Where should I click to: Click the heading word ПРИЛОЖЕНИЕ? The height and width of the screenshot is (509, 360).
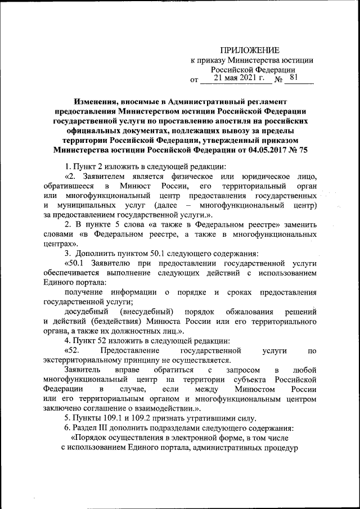[x=250, y=50]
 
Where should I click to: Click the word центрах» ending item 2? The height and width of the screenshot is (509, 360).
[x=60, y=244]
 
